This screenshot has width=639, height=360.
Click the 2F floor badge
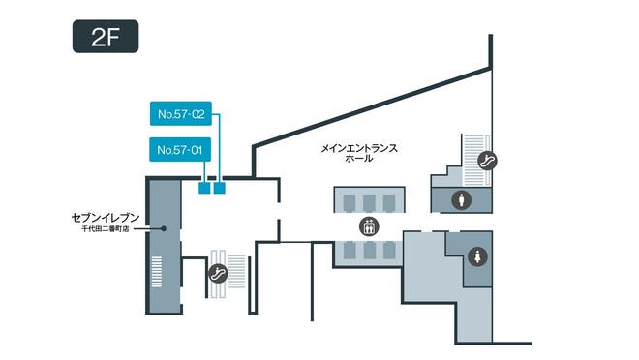pos(106,39)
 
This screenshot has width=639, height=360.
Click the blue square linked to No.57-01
pos(204,188)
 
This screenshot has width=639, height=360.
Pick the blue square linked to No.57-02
pos(219,188)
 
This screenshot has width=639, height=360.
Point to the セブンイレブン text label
pos(107,219)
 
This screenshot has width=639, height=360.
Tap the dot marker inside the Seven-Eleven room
pos(165,228)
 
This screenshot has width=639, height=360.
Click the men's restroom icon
pos(463,199)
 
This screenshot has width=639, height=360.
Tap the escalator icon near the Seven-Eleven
pos(219,273)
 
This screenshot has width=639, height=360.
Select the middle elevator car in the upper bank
pos(367,201)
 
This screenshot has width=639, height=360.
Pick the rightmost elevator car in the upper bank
pos(387,201)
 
